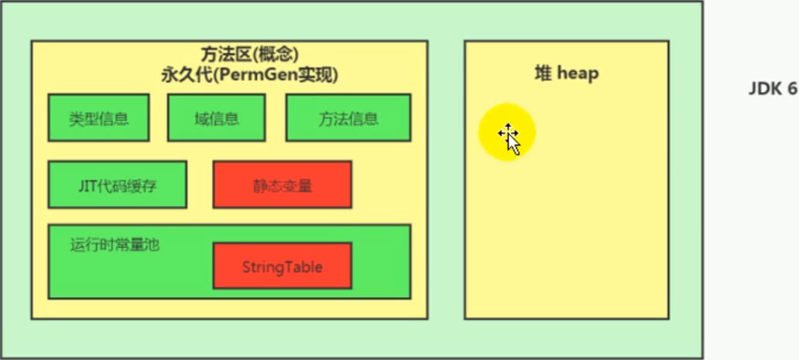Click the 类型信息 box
pyautogui.click(x=98, y=118)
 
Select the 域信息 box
pyautogui.click(x=216, y=118)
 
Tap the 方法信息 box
pyautogui.click(x=348, y=118)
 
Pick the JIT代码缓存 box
pyautogui.click(x=117, y=184)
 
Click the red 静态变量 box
pyautogui.click(x=282, y=184)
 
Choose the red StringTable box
pyautogui.click(x=282, y=266)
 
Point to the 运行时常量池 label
pyautogui.click(x=115, y=245)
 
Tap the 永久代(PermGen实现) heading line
pyautogui.click(x=229, y=75)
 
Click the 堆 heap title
pyautogui.click(x=566, y=74)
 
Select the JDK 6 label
pyautogui.click(x=772, y=89)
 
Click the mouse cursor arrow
pyautogui.click(x=510, y=139)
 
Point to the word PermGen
pyautogui.click(x=266, y=75)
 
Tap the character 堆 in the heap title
pyautogui.click(x=543, y=74)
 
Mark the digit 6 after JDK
pyautogui.click(x=791, y=89)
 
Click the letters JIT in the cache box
pyautogui.click(x=86, y=184)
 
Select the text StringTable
pyautogui.click(x=282, y=267)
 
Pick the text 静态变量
pyautogui.click(x=282, y=185)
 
